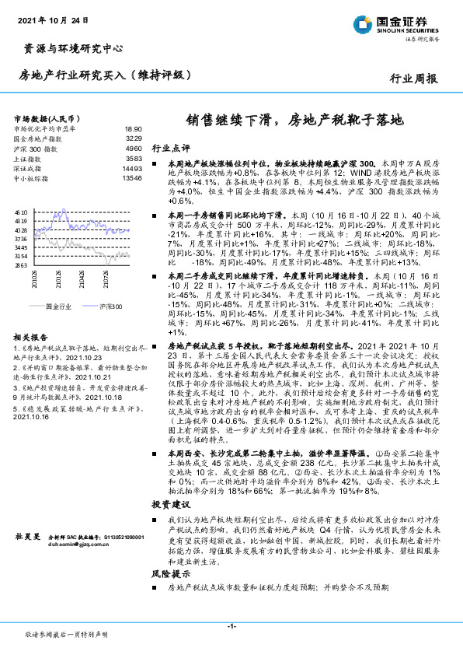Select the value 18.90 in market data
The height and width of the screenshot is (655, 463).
(133, 129)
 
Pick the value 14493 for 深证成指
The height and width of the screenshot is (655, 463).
(131, 167)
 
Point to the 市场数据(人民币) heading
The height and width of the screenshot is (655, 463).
(47, 117)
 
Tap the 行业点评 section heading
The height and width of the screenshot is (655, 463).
(169, 147)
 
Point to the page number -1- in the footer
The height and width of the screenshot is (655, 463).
(231, 625)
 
